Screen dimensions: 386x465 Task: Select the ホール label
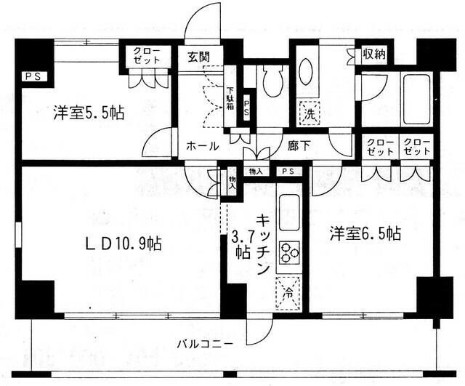(203, 146)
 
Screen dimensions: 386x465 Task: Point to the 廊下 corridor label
(298, 146)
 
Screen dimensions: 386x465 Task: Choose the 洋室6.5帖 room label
(365, 233)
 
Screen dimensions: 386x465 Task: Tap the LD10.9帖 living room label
(121, 244)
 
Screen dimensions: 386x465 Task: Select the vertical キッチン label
(262, 244)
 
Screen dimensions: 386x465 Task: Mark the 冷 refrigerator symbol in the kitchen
(288, 295)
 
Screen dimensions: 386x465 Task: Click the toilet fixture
(273, 79)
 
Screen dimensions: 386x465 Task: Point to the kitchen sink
(288, 210)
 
